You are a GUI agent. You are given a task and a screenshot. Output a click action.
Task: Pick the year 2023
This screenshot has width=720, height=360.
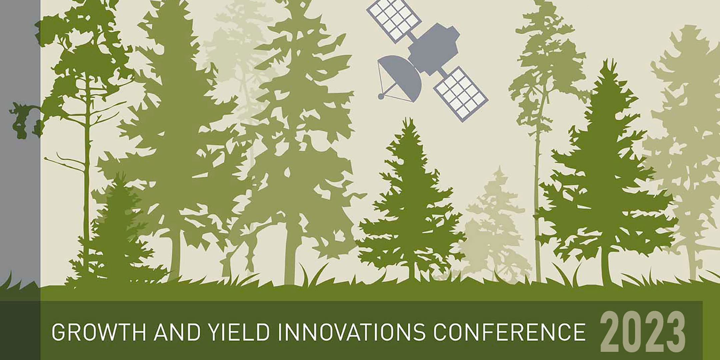click(642, 332)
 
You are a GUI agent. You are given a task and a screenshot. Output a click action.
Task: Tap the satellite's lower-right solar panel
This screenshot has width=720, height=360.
click(461, 94)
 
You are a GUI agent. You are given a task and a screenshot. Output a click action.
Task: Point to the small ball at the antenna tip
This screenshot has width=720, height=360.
click(381, 97)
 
